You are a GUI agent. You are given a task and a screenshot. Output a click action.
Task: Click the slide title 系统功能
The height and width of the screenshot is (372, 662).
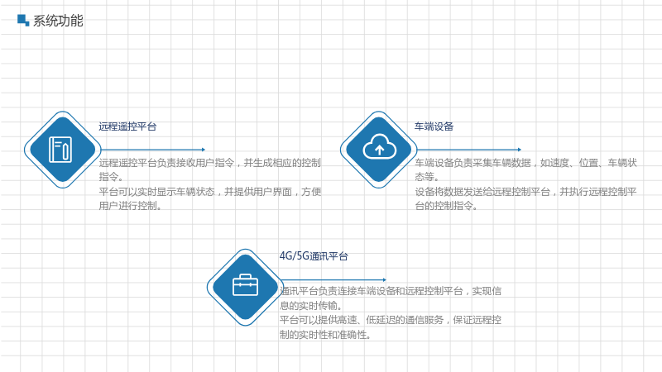pos(58,21)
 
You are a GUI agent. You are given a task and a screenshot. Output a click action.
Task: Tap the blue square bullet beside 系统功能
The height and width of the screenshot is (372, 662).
pos(23,20)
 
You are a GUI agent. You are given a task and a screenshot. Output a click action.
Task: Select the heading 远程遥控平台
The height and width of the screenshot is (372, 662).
pos(127,126)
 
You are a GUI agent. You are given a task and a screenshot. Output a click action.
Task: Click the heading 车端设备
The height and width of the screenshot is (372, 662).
pos(434,126)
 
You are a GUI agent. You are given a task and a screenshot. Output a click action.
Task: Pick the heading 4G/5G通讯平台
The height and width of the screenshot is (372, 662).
pos(314,256)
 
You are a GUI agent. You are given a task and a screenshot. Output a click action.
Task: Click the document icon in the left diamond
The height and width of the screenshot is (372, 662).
pos(60,150)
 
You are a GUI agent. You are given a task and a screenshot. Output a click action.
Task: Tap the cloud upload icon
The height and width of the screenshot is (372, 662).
pos(379,147)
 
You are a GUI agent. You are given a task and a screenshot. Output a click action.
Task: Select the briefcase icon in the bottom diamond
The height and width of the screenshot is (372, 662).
pos(245,285)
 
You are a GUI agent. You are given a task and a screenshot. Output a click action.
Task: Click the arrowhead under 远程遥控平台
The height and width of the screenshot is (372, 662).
pos(204,150)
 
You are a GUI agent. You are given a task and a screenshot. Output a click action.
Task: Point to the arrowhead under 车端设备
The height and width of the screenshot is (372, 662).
pos(520,150)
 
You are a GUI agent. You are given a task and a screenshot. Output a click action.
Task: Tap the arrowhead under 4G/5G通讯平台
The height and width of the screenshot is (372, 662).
pos(384,279)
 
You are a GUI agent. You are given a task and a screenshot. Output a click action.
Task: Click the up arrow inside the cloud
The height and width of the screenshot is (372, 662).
pos(379,150)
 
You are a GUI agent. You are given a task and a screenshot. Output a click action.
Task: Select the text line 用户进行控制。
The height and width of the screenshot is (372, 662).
pos(131,206)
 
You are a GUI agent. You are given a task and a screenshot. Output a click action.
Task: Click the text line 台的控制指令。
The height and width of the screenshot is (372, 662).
pos(446,206)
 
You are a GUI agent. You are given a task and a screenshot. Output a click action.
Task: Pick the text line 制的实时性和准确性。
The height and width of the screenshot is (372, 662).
pos(325,335)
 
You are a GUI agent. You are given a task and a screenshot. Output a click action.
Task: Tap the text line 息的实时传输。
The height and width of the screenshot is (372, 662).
pos(311,305)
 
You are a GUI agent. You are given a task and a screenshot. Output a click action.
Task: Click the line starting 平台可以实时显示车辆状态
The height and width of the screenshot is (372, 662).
pos(210,192)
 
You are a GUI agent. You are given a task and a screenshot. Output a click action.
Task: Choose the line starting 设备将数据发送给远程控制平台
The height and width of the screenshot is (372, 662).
pos(525,192)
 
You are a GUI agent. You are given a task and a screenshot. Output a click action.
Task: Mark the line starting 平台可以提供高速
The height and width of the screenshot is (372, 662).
pos(391,320)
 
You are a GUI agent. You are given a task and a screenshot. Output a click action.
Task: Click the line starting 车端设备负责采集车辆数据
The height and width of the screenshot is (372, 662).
pos(525,163)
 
